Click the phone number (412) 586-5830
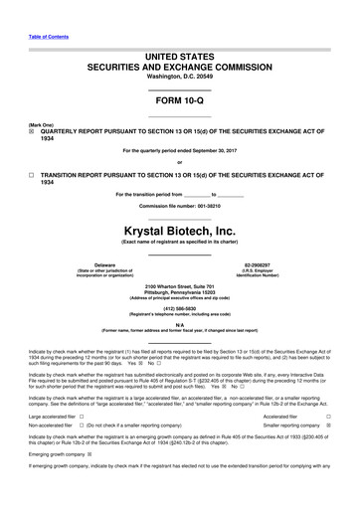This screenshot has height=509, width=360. click(179, 307)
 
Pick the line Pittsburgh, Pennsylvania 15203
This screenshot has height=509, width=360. click(179, 291)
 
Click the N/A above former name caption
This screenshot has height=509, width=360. click(179, 324)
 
